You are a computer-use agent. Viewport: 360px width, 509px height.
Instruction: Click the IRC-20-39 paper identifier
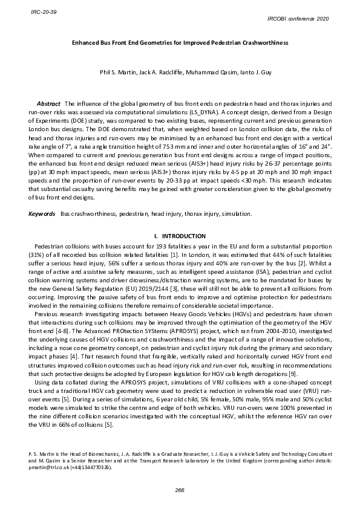point(40,11)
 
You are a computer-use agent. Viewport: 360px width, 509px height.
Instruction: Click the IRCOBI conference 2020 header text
point(298,19)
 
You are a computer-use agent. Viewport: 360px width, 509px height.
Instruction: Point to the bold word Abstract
point(48,105)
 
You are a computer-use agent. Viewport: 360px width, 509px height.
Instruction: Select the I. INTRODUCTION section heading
point(180,236)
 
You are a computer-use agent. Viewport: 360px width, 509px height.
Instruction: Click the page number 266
point(180,489)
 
